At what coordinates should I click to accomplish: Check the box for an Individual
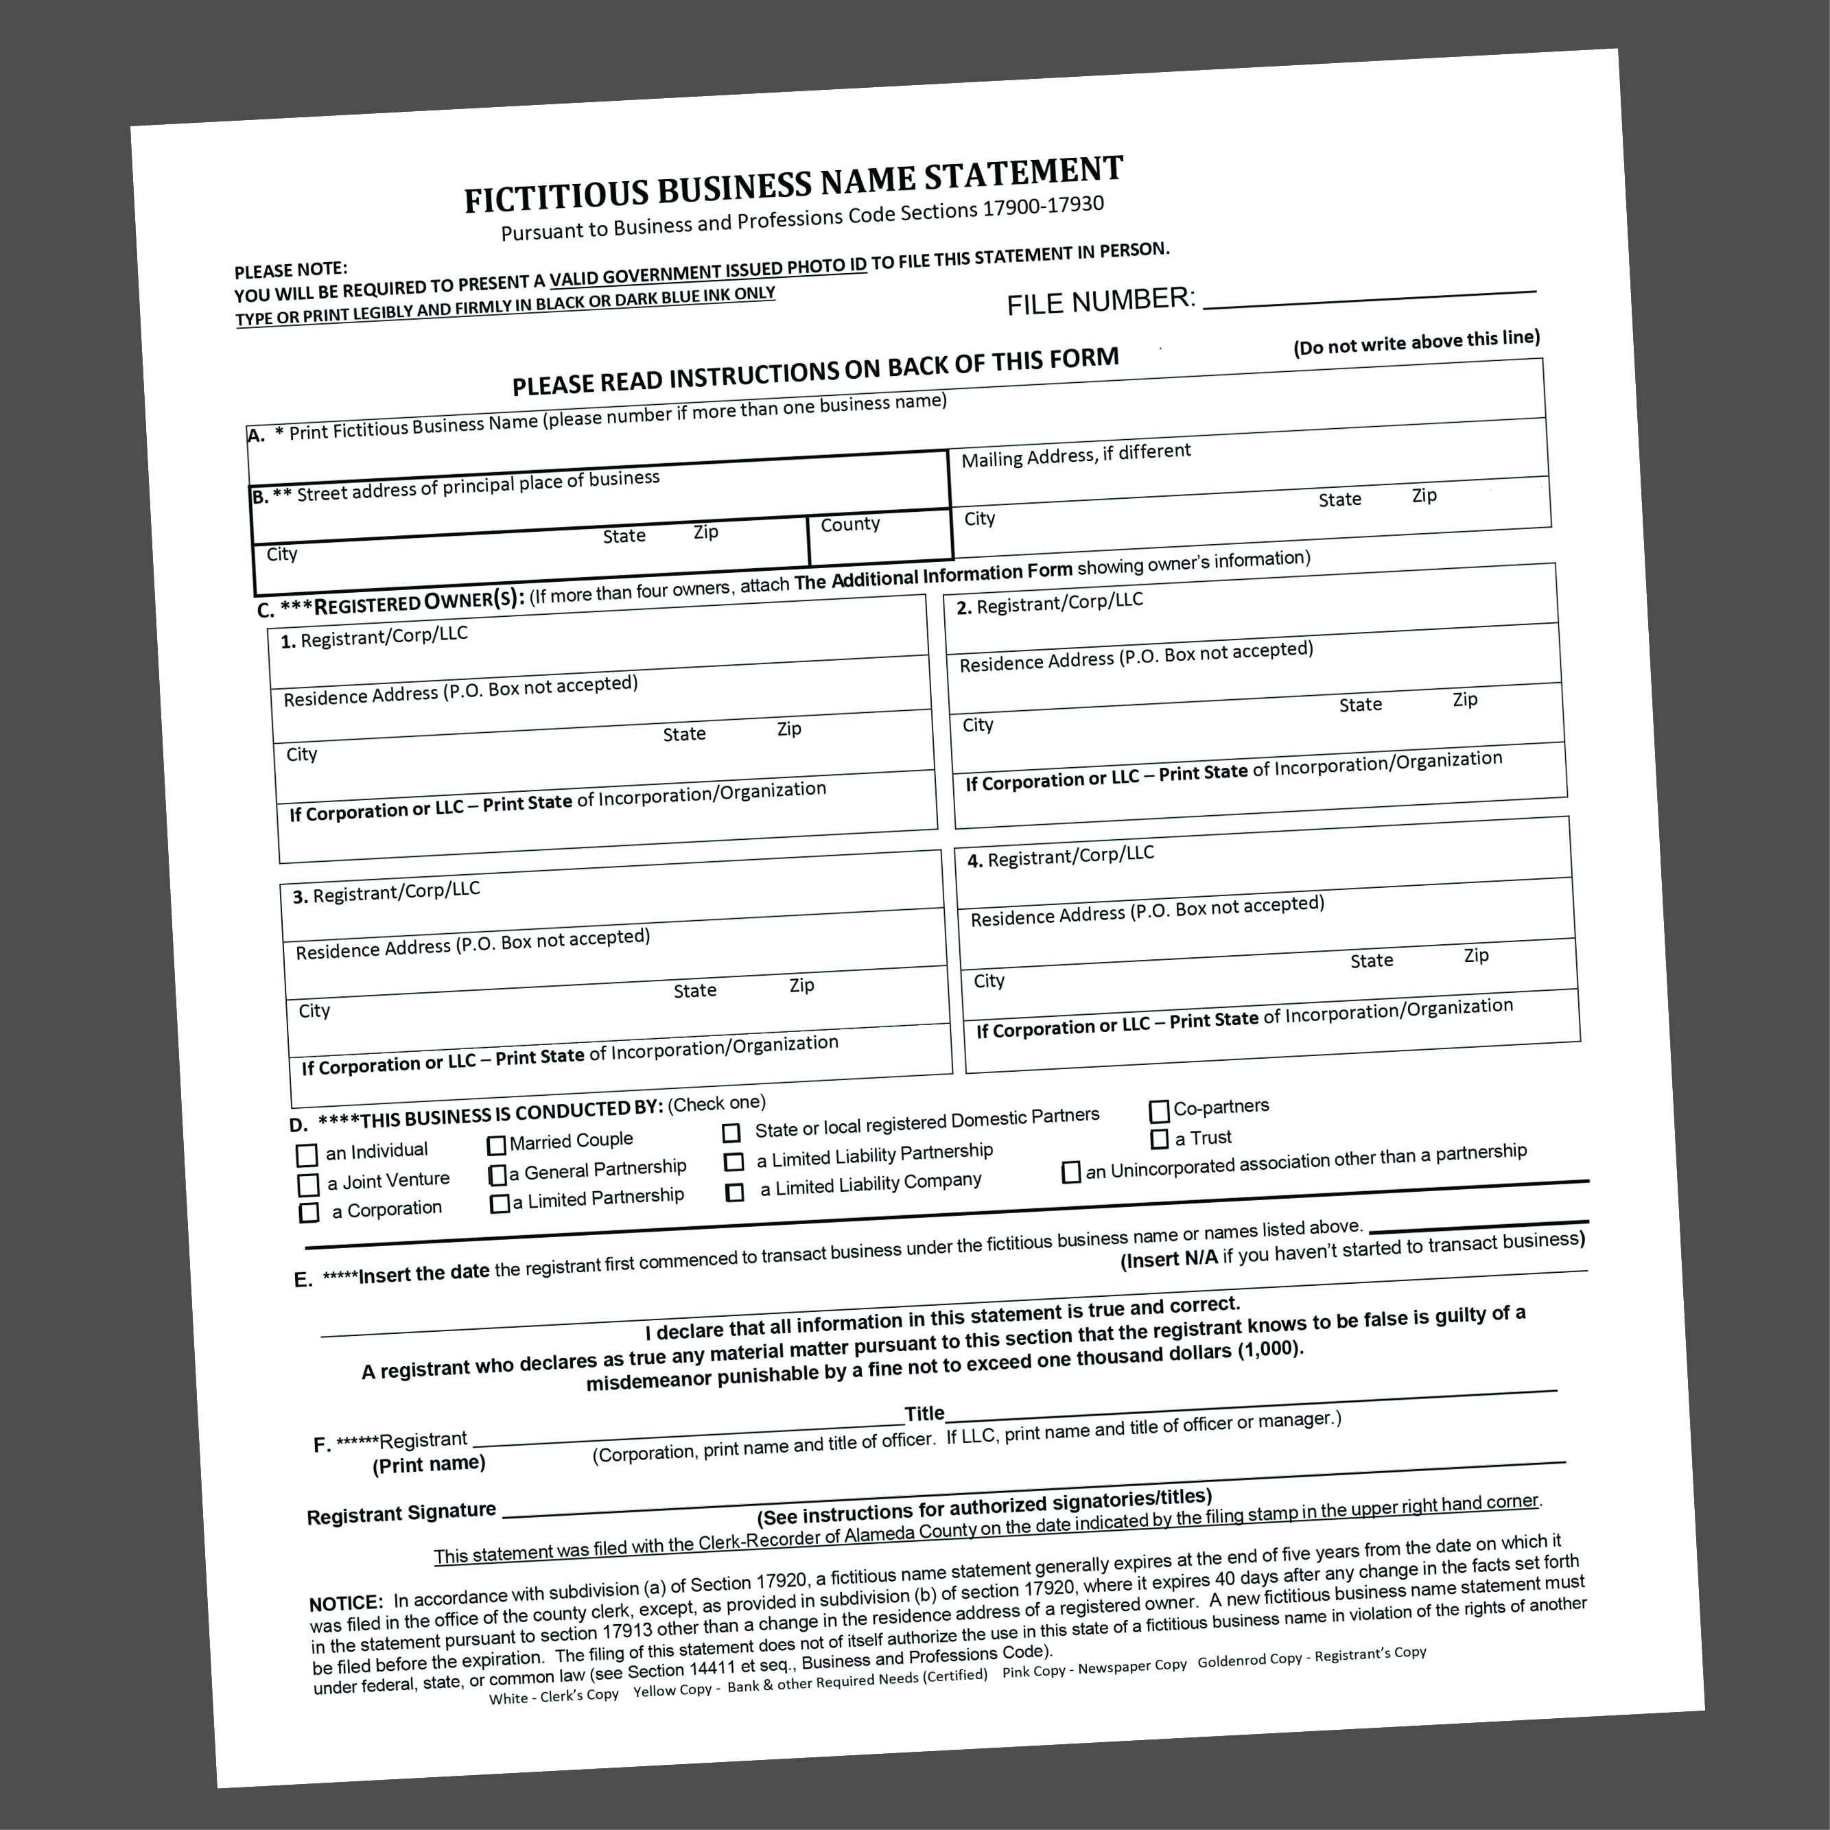306,1156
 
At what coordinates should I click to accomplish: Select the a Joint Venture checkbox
308,1185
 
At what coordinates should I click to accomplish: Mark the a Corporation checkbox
309,1213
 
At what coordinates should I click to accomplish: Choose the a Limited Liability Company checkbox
734,1193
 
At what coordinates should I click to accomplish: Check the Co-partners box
1158,1110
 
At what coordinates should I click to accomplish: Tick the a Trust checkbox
1160,1138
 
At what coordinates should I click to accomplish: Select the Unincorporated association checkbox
1071,1173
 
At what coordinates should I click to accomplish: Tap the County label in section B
849,524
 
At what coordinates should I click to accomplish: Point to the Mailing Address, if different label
1076,456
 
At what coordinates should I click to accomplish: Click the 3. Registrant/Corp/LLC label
386,892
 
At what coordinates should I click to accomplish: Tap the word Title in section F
924,1414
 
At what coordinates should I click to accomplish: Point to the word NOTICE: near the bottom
346,1604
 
